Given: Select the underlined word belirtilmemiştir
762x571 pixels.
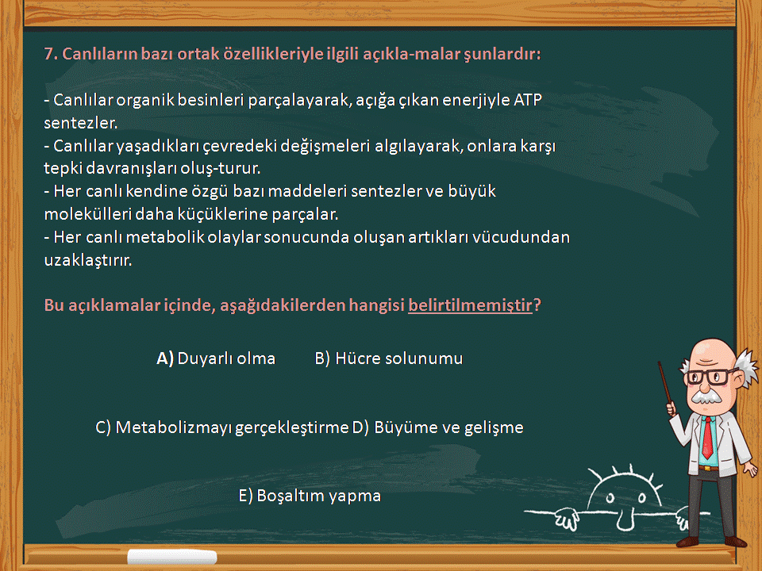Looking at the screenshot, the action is [x=470, y=305].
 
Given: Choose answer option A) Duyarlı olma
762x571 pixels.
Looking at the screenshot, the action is [x=216, y=358].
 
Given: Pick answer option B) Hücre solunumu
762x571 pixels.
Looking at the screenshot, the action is [x=389, y=358].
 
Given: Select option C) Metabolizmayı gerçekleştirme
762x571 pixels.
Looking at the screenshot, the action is [x=222, y=427].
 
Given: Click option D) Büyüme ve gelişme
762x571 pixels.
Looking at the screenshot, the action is [x=438, y=427].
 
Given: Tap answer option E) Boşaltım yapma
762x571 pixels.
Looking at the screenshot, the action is [x=310, y=496].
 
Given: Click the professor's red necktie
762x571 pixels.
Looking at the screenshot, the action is [x=707, y=437].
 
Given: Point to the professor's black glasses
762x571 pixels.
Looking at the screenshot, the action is [x=710, y=377].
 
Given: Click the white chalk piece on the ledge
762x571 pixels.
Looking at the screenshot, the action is [x=172, y=557].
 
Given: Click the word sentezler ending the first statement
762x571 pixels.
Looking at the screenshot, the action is [x=81, y=123].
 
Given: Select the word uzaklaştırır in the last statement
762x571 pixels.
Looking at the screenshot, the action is [x=88, y=260].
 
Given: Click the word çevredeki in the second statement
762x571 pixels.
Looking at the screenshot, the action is [x=240, y=146].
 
